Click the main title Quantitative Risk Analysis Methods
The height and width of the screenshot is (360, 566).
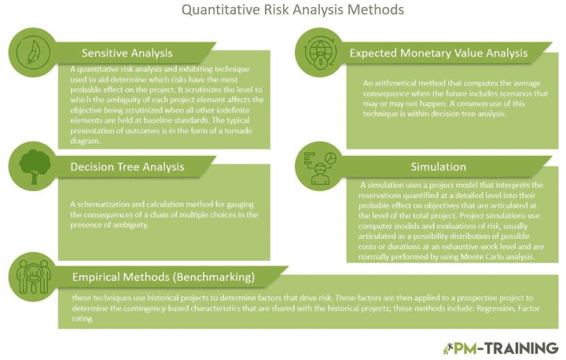[282, 11]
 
